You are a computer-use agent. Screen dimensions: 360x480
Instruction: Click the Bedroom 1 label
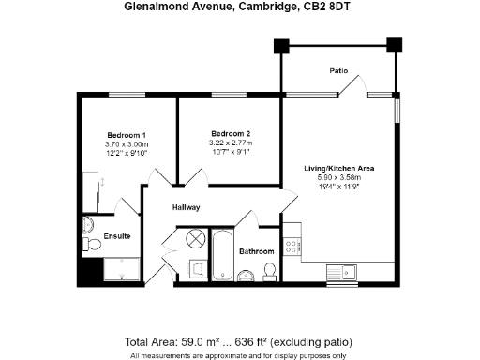127,133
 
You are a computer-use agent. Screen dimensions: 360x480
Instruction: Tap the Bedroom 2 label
230,133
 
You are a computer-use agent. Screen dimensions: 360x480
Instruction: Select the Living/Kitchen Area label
338,168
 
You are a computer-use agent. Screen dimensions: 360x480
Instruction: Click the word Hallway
187,207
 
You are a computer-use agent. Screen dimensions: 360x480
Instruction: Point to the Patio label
338,70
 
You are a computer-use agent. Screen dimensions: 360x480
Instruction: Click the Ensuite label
117,235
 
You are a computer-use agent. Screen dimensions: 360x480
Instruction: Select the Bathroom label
256,251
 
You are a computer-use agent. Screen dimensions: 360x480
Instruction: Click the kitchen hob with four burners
292,246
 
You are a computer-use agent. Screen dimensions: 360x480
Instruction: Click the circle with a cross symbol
196,238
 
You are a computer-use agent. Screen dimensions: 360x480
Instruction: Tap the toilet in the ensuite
90,244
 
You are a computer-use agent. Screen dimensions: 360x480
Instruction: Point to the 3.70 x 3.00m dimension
127,144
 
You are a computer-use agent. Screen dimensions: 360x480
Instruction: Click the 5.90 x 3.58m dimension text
338,178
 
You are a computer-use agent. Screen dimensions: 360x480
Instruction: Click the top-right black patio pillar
394,44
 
